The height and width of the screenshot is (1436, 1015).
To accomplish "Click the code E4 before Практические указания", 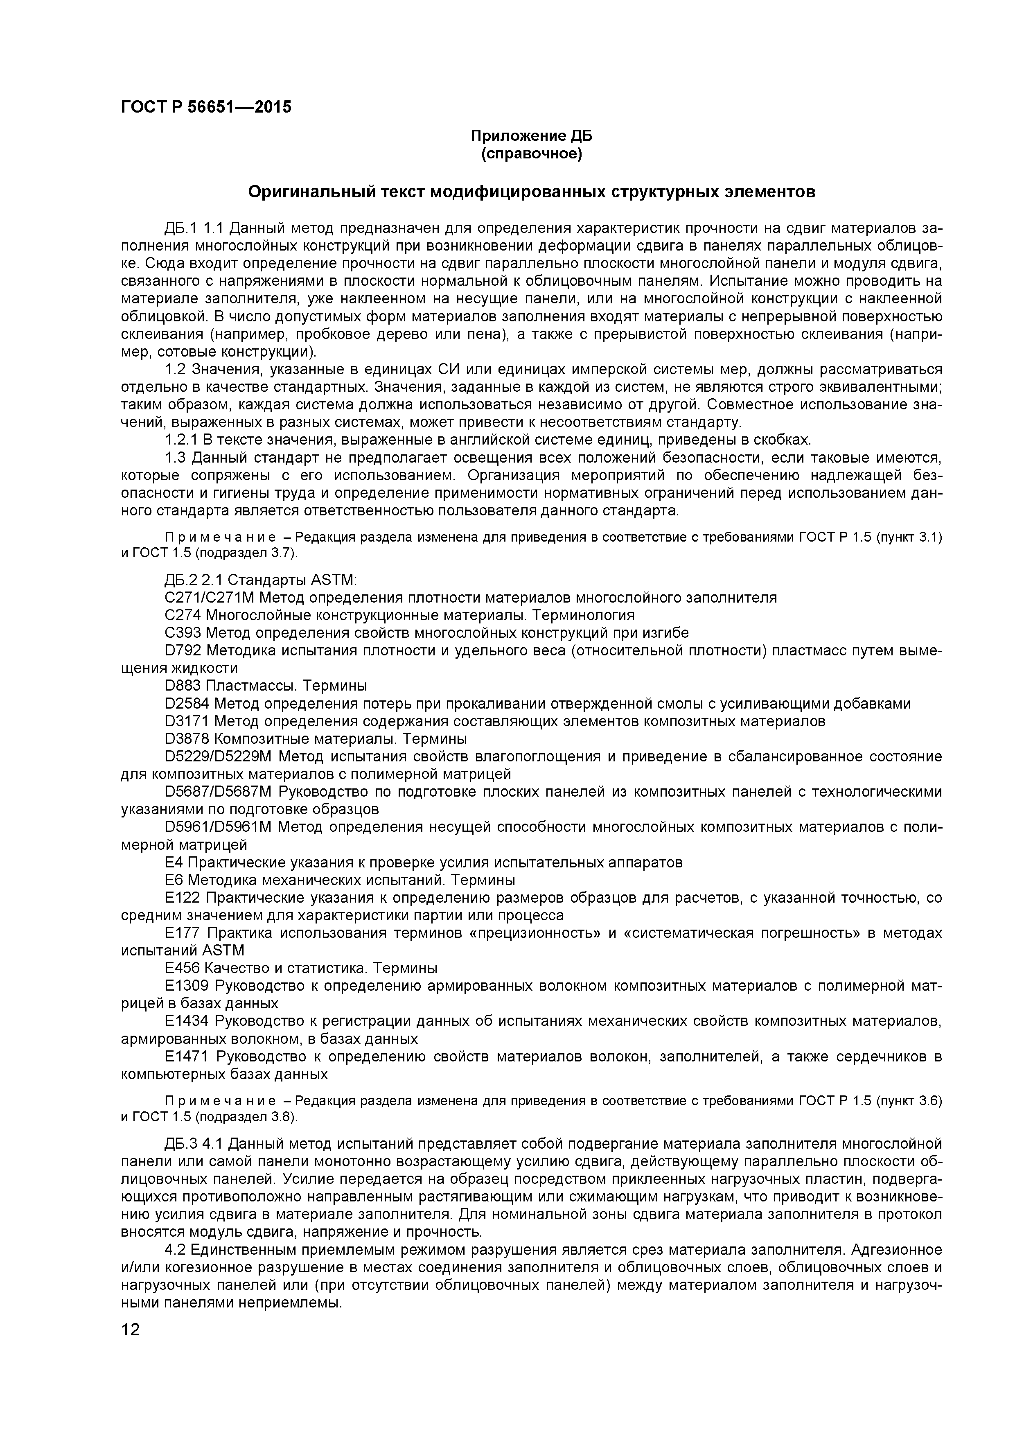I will point(174,863).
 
